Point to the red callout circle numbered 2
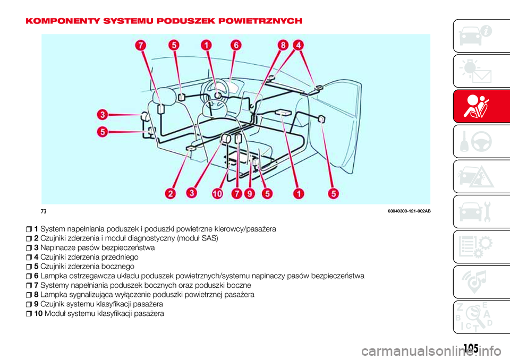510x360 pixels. pyautogui.click(x=171, y=194)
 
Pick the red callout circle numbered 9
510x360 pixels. pyautogui.click(x=249, y=194)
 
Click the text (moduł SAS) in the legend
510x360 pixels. pyautogui.click(x=193, y=238)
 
